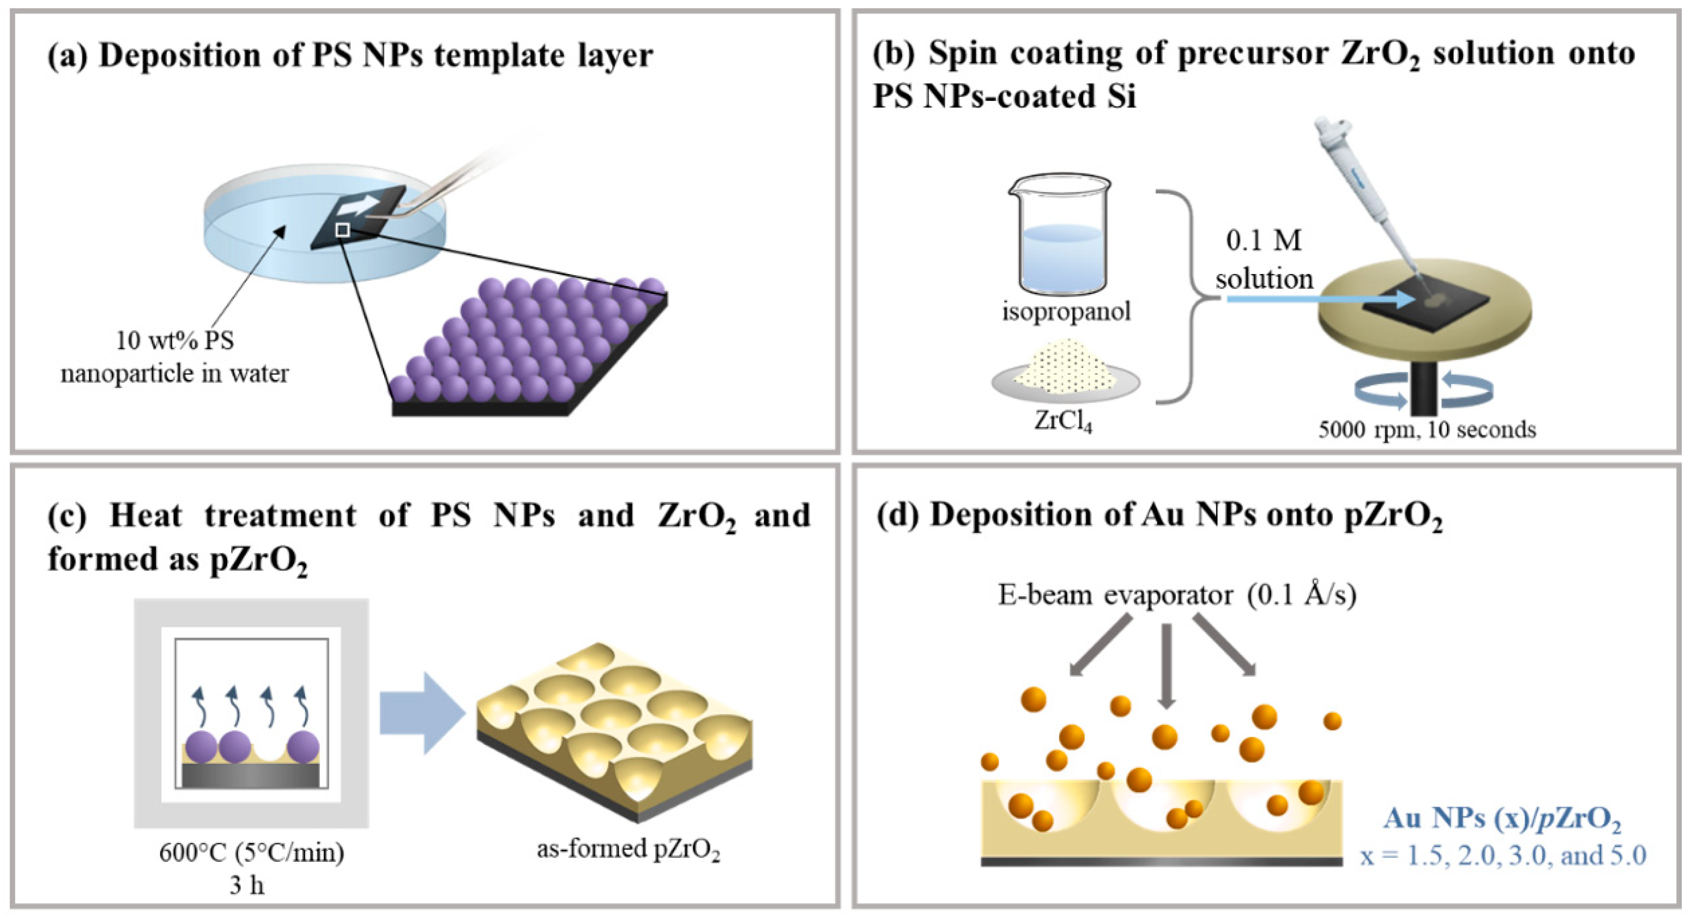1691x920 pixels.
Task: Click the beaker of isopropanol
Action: (x=1060, y=236)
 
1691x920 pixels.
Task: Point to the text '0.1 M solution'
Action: (x=1264, y=259)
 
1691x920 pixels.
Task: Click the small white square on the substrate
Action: (x=342, y=229)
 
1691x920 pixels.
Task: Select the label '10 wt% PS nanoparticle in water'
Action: (x=174, y=356)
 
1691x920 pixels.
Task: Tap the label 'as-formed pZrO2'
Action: (x=628, y=849)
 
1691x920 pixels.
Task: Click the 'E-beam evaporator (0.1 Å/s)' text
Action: (x=1177, y=595)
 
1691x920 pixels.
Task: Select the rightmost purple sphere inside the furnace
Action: (x=303, y=747)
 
